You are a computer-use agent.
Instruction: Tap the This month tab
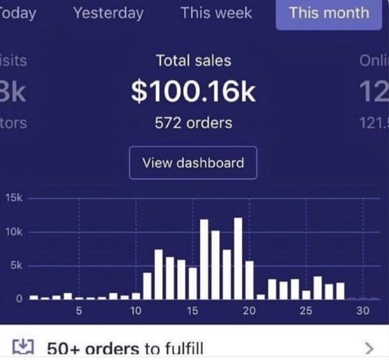coord(329,13)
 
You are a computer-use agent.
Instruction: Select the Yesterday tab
coord(108,13)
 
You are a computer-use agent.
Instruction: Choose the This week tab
coord(216,13)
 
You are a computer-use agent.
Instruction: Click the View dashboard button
coord(193,163)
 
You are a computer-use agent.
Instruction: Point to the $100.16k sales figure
coord(193,92)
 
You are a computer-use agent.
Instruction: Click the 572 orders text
coord(193,122)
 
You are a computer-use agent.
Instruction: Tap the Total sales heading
coord(193,61)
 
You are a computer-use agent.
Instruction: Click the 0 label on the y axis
coord(18,299)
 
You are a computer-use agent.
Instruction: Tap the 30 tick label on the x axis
coord(363,311)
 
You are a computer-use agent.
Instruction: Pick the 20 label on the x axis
coord(249,311)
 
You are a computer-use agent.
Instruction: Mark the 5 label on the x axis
coord(79,311)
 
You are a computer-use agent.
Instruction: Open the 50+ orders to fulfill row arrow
coord(370,348)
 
